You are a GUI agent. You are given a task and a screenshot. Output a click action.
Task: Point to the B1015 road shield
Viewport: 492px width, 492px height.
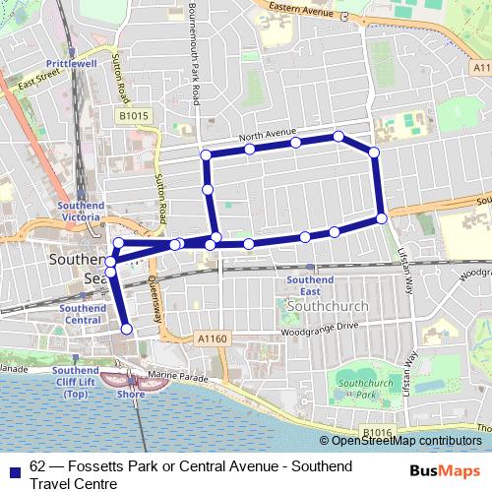135,117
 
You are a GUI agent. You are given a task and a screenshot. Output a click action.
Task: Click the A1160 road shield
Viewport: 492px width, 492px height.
213,338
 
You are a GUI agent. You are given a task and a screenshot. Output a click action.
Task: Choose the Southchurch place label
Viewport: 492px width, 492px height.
331,306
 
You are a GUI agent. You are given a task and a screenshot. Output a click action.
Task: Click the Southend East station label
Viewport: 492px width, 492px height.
310,285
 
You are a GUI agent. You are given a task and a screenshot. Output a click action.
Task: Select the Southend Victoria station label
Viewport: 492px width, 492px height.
81,212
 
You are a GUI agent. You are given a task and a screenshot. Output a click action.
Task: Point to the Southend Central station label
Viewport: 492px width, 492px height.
83,314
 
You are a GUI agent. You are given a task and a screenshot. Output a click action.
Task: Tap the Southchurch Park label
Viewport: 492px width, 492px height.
353,388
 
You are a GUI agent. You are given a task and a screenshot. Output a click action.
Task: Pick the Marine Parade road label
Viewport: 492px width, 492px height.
181,376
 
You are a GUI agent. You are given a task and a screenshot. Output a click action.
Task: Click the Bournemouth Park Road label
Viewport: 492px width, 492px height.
196,54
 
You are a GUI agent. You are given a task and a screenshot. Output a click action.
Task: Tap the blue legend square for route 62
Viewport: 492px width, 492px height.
13,469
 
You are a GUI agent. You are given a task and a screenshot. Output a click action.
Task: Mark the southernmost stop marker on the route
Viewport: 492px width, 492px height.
126,329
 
